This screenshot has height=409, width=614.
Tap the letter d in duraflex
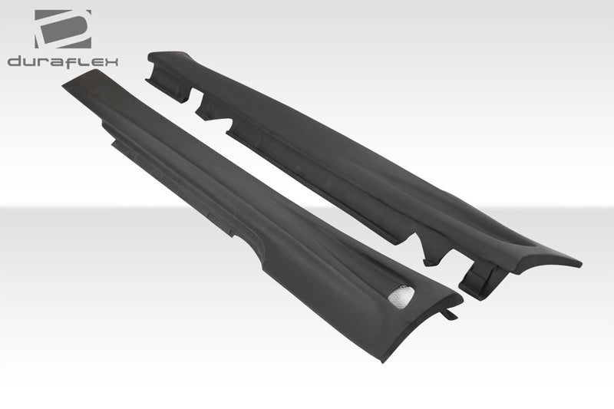tap(15, 61)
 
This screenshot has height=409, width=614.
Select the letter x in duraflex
tap(111, 61)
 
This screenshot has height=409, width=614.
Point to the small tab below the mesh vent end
tap(451, 314)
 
